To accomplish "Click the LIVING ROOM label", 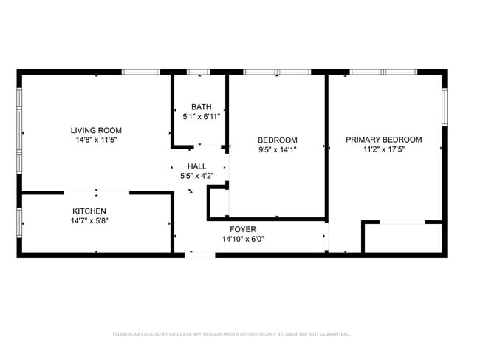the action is (96, 131).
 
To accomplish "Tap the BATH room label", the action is (202, 107).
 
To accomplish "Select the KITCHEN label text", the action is (89, 211).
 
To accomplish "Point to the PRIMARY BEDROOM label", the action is (384, 140).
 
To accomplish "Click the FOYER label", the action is (243, 229).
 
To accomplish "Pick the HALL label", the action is (197, 166).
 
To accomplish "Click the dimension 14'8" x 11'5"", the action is (97, 140).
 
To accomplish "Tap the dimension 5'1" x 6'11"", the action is (202, 116).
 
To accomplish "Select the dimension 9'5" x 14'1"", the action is (278, 150).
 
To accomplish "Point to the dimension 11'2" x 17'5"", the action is (384, 149).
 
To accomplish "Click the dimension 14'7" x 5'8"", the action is (89, 220).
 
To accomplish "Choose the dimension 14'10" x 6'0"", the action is (244, 239).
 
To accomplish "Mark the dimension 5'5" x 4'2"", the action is (197, 176).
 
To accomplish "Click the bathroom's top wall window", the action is (199, 72).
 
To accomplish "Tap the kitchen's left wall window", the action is (19, 223).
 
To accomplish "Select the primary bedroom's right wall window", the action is (445, 107).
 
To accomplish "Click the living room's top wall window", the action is (141, 72).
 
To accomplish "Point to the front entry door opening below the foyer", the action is (200, 255).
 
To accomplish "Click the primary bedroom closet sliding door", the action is (402, 222).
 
